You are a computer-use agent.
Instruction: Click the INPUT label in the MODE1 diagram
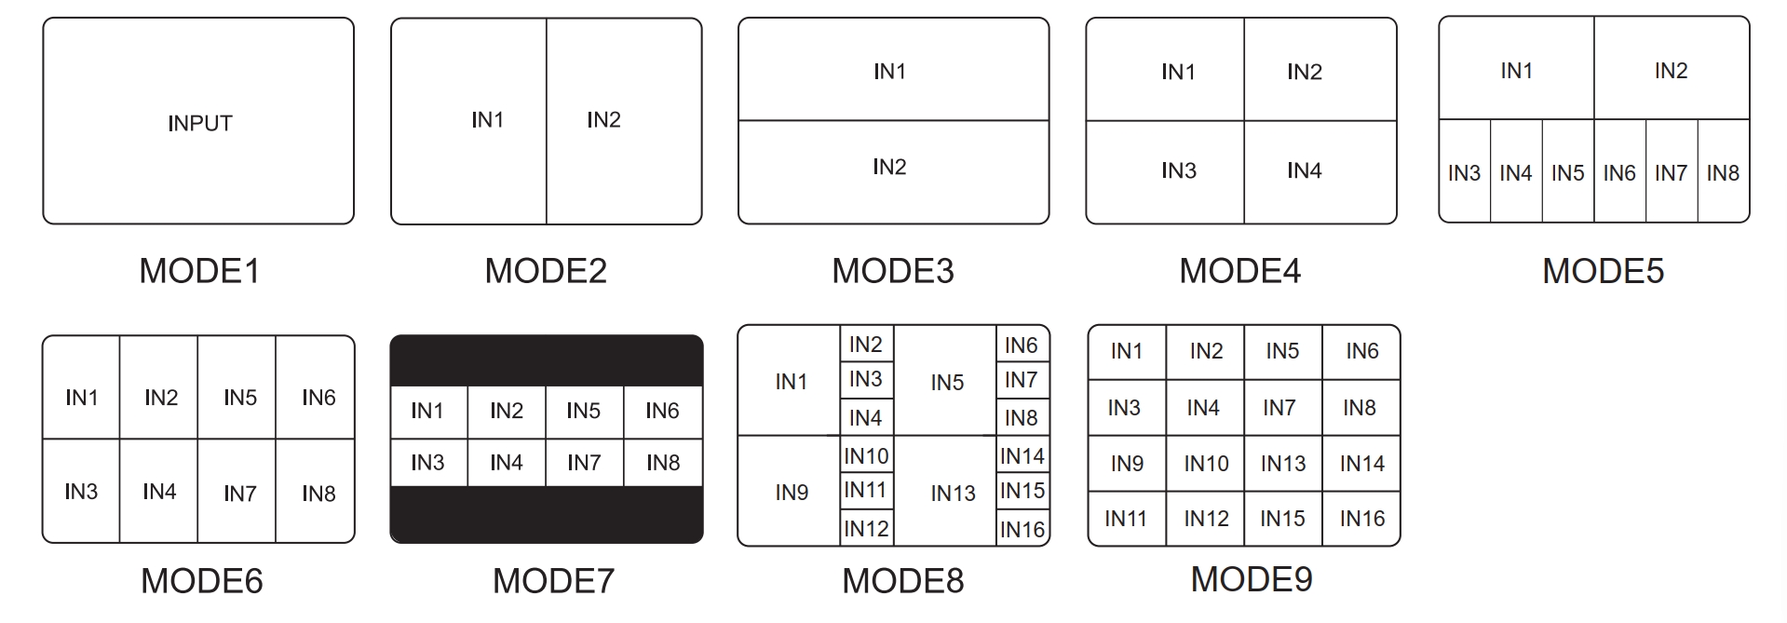pyautogui.click(x=199, y=123)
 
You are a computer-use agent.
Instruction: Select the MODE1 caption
pyautogui.click(x=199, y=271)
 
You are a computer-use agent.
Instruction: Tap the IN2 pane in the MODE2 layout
pyautogui.click(x=624, y=121)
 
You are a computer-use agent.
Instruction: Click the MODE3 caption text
pyautogui.click(x=893, y=271)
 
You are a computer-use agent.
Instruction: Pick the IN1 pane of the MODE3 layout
pyautogui.click(x=893, y=70)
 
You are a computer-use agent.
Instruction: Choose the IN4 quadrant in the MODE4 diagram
pyautogui.click(x=1320, y=172)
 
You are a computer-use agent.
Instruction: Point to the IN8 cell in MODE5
pyautogui.click(x=1724, y=171)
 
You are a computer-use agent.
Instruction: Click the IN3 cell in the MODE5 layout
pyautogui.click(x=1465, y=171)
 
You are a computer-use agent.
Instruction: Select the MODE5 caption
pyautogui.click(x=1603, y=271)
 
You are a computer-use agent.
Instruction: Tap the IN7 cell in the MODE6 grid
pyautogui.click(x=237, y=491)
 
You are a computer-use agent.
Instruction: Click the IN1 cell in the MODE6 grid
pyautogui.click(x=81, y=387)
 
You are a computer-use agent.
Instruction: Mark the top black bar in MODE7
pyautogui.click(x=547, y=360)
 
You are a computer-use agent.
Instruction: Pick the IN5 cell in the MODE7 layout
pyautogui.click(x=584, y=412)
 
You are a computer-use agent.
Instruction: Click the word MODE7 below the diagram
pyautogui.click(x=553, y=581)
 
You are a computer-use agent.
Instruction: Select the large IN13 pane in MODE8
pyautogui.click(x=945, y=491)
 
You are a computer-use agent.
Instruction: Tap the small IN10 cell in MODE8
pyautogui.click(x=867, y=456)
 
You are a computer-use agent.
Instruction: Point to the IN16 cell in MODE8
pyautogui.click(x=1023, y=528)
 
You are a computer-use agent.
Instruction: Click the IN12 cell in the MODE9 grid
pyautogui.click(x=1206, y=519)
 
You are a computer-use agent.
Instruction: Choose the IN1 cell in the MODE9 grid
pyautogui.click(x=1127, y=352)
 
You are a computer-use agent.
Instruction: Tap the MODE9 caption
pyautogui.click(x=1252, y=579)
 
